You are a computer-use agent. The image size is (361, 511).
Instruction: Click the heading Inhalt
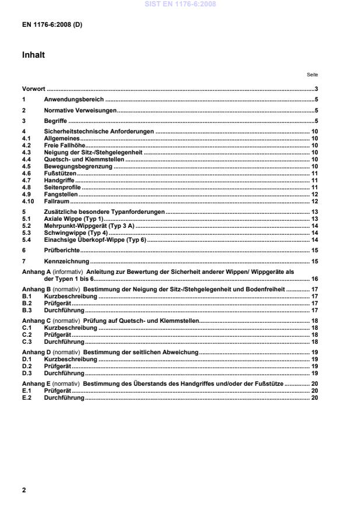(33, 55)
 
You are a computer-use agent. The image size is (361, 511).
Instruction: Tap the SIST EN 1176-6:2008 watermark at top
(180, 5)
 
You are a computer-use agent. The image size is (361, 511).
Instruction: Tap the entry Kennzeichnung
(65, 262)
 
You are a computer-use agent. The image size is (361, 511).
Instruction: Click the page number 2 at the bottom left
(24, 489)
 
